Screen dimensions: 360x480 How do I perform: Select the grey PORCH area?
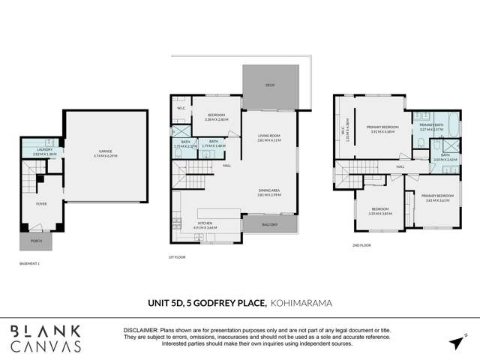35,241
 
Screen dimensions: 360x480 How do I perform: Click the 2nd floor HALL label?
400,166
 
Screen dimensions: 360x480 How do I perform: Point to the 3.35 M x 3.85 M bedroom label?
379,211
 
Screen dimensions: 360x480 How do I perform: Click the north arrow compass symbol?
456,341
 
